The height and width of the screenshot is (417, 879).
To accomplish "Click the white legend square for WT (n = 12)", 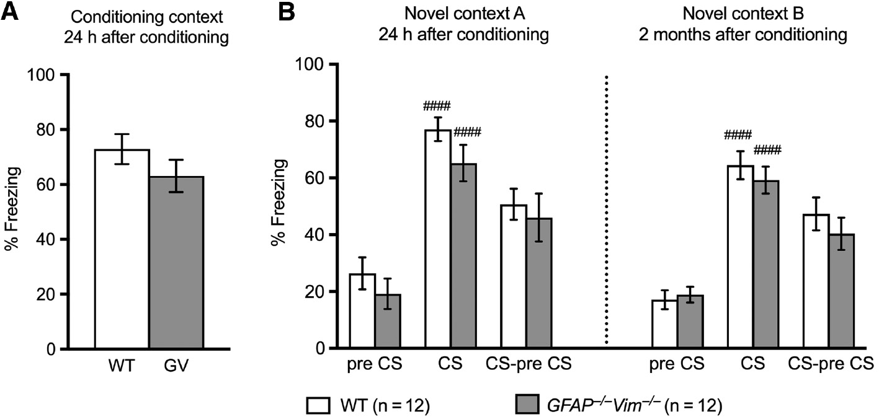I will [317, 405].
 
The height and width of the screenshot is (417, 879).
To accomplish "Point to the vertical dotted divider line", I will [606, 211].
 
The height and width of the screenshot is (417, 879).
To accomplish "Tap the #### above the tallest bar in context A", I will [438, 106].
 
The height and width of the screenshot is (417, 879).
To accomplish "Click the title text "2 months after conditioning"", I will [743, 36].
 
